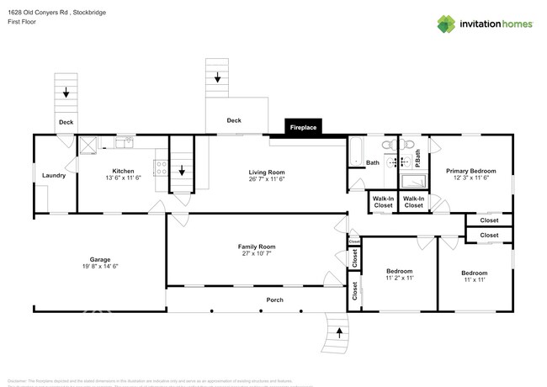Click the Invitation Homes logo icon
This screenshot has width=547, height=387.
445,23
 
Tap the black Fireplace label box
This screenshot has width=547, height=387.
303,128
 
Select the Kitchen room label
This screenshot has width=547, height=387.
124,169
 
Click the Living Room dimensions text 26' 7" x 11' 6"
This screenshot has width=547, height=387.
268,178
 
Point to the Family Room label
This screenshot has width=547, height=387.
257,247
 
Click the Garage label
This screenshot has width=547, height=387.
101,258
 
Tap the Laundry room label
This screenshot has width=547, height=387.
54,175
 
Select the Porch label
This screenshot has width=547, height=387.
274,300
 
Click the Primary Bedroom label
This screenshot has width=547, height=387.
470,169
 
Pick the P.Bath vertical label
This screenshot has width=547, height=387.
417,157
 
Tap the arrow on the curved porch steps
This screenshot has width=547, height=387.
339,332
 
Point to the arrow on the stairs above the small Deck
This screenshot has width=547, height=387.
65,93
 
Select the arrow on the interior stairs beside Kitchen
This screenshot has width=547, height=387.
181,171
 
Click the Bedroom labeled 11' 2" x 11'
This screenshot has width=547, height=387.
399,271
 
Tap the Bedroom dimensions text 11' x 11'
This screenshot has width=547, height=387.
474,280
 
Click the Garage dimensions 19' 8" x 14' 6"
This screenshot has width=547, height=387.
101,267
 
